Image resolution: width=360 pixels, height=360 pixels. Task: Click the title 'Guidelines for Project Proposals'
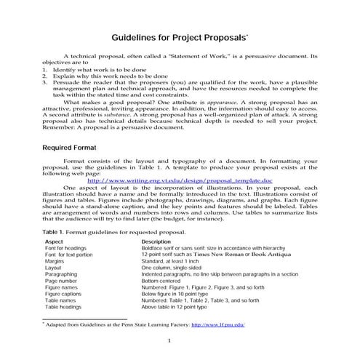(179, 36)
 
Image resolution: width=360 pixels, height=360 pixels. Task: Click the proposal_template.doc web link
(180, 180)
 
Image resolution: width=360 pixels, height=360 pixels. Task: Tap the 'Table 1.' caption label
(56, 231)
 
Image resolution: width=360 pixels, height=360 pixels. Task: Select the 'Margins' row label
(56, 261)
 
